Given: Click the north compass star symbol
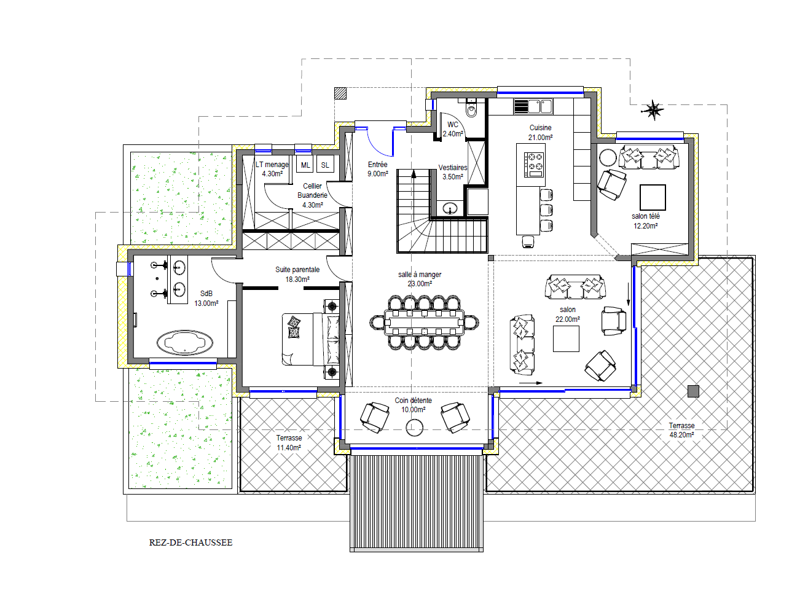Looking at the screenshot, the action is pos(653,109).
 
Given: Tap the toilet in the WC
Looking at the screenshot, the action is pos(472,108).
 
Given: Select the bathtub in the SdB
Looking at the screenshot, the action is pos(185,342).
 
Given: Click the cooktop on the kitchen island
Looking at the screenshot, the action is pos(534,165).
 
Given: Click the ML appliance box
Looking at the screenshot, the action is pos(305,165).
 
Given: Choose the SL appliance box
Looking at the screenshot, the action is pos(325,165).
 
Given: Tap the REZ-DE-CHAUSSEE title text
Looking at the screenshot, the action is pos(190,542).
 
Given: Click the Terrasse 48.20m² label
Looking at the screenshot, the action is pos(681,430).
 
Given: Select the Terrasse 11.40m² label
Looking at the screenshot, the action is pos(289,443).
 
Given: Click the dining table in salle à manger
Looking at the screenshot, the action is pos(424,323).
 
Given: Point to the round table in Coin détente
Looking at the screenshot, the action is pos(414,428).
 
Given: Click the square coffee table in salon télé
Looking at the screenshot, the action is pos(653,197).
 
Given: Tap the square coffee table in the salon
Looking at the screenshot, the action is pos(566,339).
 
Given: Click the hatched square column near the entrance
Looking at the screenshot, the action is pos(340,93).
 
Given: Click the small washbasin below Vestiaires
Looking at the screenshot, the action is pos(450,208).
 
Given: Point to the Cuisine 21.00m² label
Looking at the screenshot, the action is pos(540,132).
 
